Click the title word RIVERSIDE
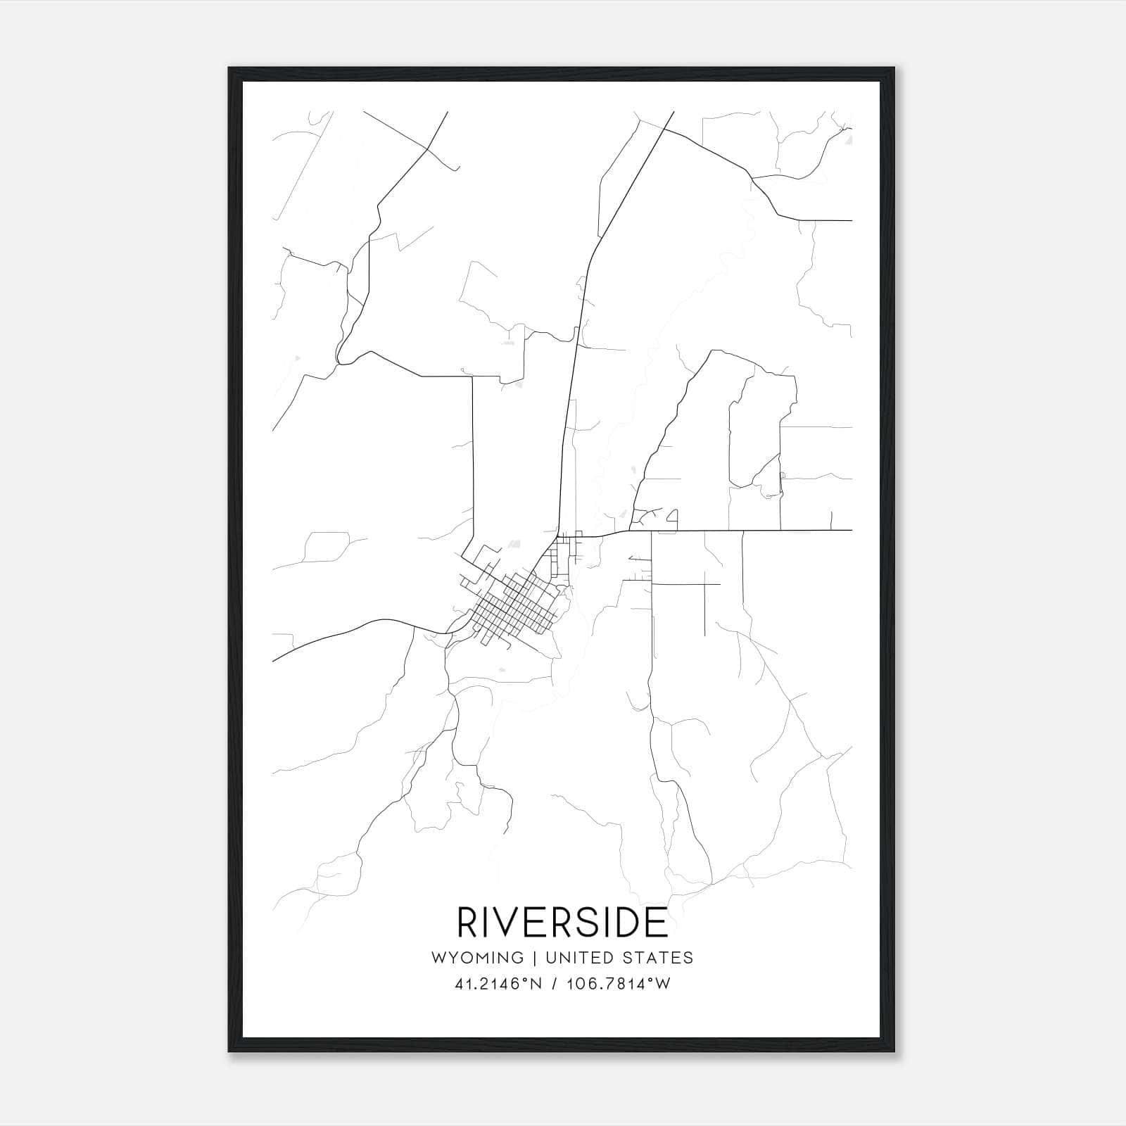click(562, 923)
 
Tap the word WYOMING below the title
click(477, 958)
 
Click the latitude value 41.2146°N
click(498, 984)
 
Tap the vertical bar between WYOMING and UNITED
click(535, 958)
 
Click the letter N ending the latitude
click(536, 984)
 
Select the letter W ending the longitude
click(663, 984)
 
